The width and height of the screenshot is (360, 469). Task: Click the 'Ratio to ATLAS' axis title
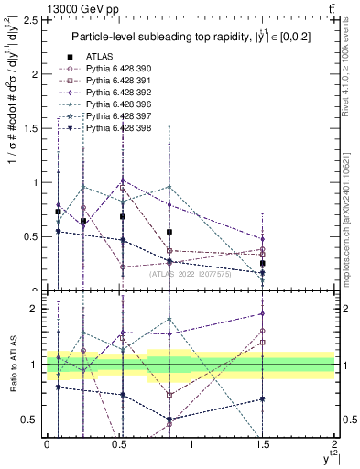pos(12,365)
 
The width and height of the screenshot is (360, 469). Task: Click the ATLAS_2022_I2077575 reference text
pos(189,273)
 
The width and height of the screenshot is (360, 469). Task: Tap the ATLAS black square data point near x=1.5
pos(263,263)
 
